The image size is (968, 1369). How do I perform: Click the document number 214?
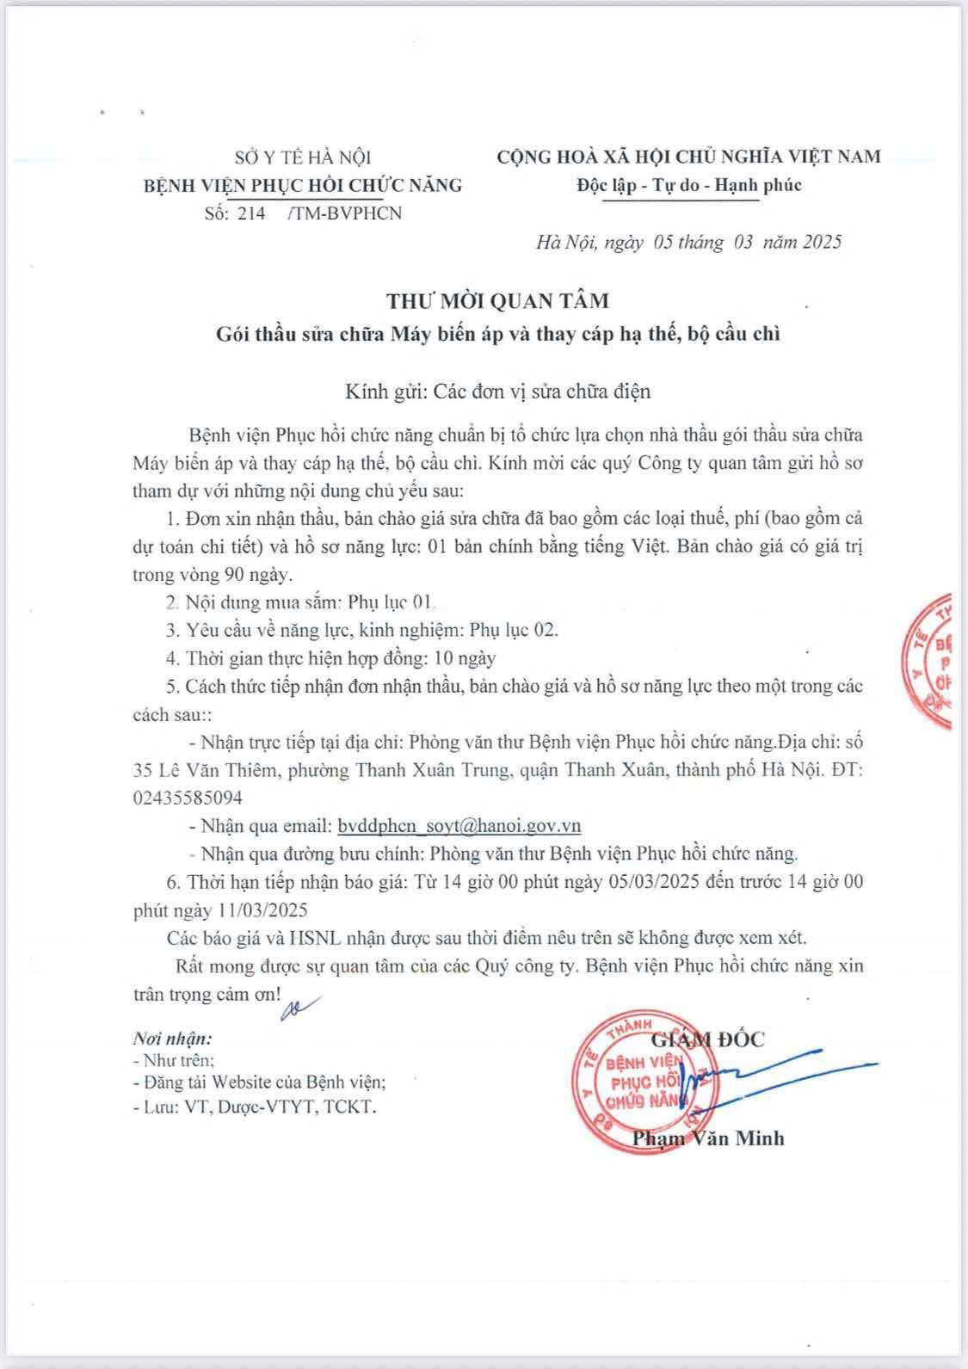(x=251, y=213)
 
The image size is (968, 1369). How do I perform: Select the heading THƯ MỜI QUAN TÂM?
(x=497, y=301)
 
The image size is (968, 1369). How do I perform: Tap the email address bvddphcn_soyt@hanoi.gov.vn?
(x=459, y=826)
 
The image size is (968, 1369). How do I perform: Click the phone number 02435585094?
(x=188, y=798)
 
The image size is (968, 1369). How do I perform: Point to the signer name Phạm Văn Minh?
(x=707, y=1138)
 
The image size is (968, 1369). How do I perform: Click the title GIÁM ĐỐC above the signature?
(x=708, y=1039)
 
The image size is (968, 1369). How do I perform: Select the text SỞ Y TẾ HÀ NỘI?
(x=303, y=157)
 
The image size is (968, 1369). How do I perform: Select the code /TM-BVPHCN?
(x=346, y=213)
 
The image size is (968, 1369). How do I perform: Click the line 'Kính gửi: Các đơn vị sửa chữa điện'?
(x=497, y=392)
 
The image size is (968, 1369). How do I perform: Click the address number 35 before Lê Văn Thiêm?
(x=144, y=769)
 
